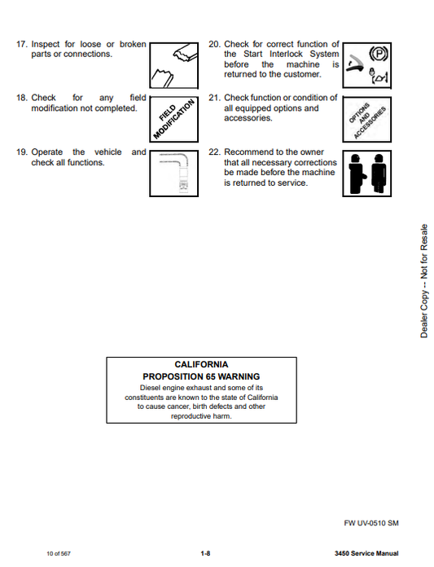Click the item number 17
[22, 44]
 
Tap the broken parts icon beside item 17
[173, 65]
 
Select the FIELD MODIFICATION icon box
[173, 119]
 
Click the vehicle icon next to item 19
[173, 174]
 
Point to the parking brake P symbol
[378, 54]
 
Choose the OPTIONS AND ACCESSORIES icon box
[366, 119]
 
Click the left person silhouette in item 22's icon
[357, 174]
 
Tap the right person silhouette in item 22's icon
[378, 174]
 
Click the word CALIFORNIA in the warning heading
[201, 364]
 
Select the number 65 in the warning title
[211, 377]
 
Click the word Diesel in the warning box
[150, 388]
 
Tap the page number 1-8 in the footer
[205, 553]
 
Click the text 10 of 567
[59, 554]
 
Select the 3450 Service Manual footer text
[366, 553]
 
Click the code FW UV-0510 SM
[371, 523]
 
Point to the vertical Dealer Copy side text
[424, 281]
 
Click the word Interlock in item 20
[286, 54]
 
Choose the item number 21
[214, 98]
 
